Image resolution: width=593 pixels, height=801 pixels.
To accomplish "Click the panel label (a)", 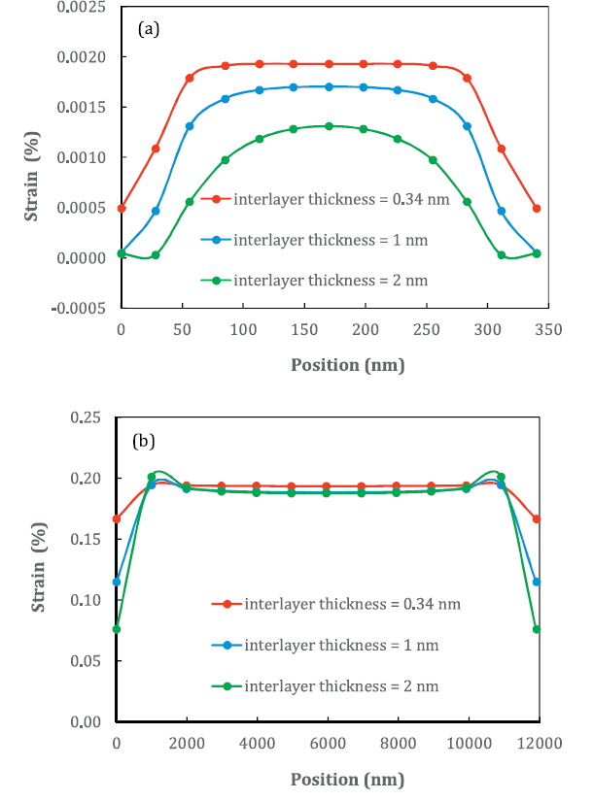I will point(149,29).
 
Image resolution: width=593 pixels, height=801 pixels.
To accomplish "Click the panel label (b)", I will point(144,441).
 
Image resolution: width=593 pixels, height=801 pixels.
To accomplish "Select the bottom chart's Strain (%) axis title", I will point(40,569).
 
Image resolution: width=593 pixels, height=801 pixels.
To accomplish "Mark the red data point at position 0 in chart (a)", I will point(122,209).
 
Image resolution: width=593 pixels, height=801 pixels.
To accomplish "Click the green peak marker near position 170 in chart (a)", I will point(330,126).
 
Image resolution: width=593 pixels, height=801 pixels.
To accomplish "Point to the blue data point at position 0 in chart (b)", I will point(117,582).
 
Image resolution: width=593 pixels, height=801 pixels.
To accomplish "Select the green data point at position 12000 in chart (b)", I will point(538,629).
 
